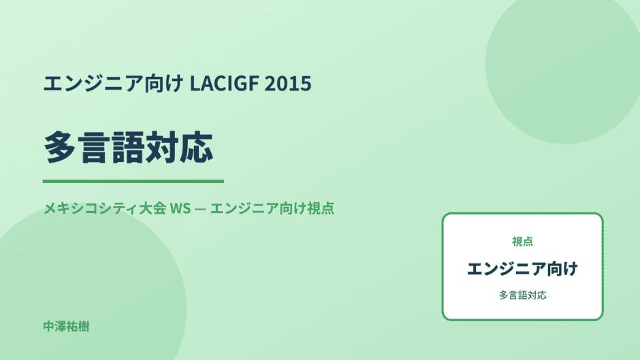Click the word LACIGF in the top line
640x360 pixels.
point(225,83)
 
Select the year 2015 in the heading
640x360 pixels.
point(288,83)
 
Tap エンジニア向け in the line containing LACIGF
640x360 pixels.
point(114,83)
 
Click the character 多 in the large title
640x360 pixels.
point(60,148)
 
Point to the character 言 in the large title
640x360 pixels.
point(94,148)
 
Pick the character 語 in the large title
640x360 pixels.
point(128,148)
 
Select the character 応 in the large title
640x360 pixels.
point(197,148)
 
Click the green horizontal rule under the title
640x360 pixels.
point(133,181)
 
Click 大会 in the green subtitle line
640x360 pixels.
point(153,208)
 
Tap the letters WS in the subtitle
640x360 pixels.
point(180,208)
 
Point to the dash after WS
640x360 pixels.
point(200,208)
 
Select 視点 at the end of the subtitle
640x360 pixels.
point(321,208)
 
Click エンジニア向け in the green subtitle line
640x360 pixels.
point(258,208)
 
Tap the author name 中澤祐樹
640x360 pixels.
point(66,327)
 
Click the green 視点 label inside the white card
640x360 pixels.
point(522,242)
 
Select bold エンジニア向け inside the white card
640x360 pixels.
point(522,269)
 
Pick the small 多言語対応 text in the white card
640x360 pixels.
point(522,295)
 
